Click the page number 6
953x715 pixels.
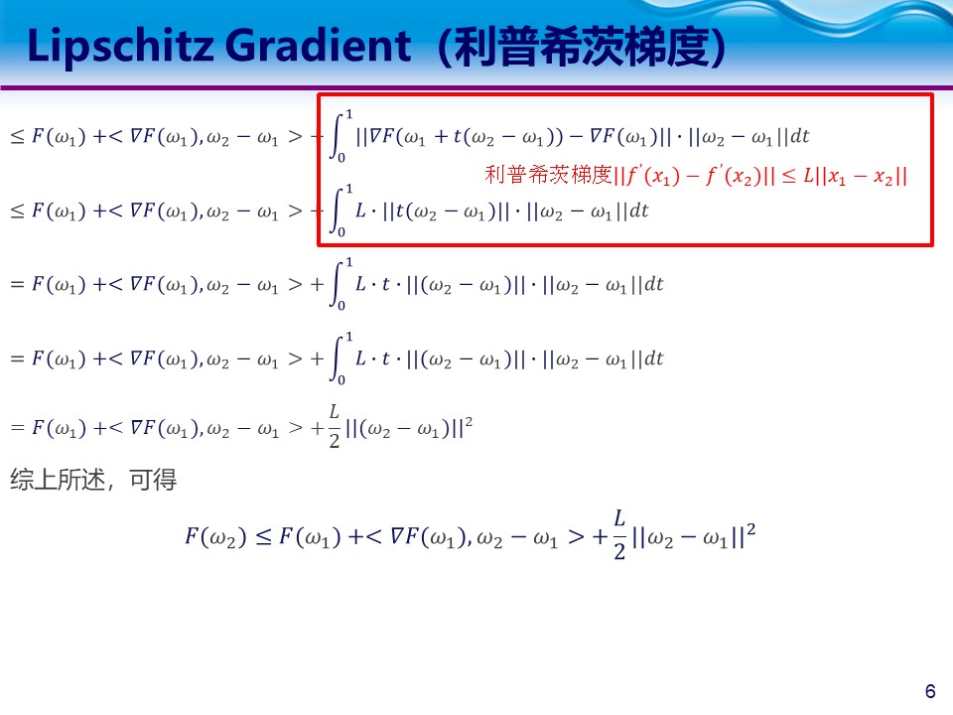929,691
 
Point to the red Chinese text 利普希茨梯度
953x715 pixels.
548,177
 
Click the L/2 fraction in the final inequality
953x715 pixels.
618,535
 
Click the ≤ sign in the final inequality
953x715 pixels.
263,537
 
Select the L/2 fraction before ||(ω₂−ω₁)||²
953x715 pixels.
334,425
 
